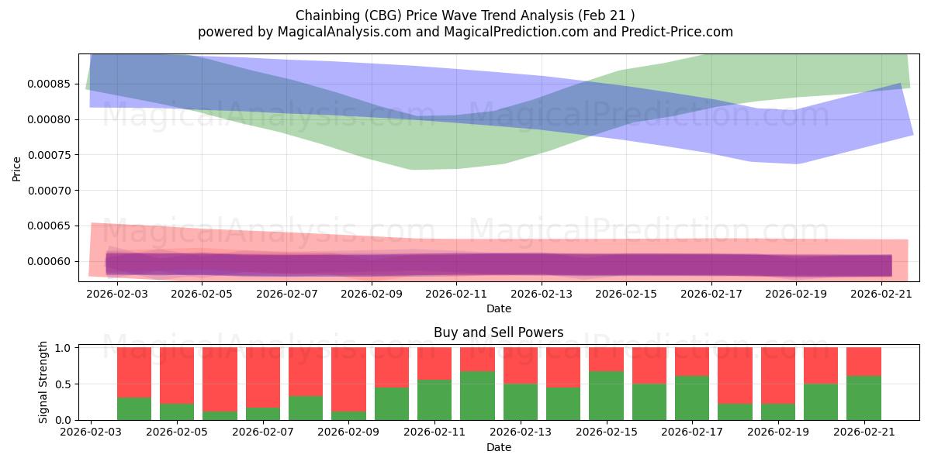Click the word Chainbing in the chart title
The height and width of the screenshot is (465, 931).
328,15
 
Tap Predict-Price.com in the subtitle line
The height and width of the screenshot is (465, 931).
677,32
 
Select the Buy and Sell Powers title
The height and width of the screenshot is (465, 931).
498,332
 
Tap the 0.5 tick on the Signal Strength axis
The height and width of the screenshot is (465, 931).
64,384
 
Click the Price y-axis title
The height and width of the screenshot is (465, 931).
16,170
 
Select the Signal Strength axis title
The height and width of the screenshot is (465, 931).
43,382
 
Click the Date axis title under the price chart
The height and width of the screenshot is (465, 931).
499,309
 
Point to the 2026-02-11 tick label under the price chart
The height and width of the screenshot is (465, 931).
456,294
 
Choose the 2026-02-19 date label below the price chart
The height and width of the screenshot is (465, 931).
796,294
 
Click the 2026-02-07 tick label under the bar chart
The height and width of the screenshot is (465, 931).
263,432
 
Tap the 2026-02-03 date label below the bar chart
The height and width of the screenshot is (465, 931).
91,432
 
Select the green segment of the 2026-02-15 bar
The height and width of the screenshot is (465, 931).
607,396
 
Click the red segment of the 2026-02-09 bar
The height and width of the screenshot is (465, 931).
348,380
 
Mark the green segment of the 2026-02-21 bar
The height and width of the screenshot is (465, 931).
864,398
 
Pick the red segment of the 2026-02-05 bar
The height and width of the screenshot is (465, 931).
177,376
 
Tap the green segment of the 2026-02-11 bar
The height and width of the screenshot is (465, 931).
434,400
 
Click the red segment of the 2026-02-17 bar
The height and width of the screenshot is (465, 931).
692,362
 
